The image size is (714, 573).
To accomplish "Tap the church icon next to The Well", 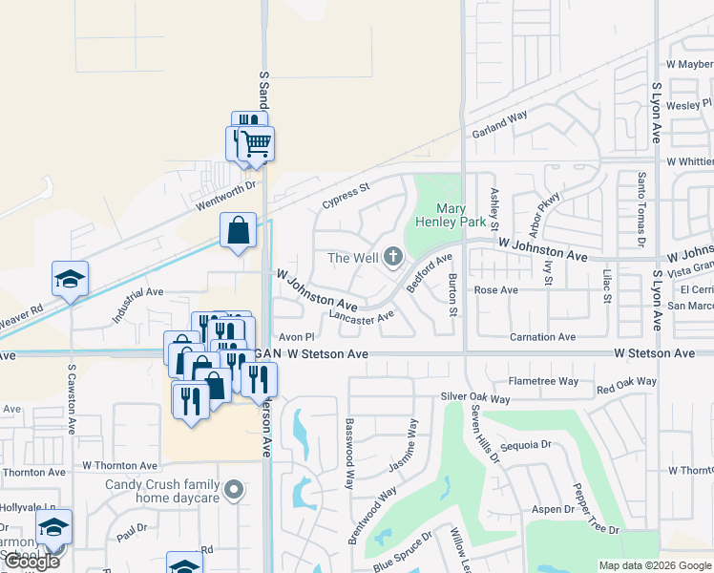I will pyautogui.click(x=392, y=256).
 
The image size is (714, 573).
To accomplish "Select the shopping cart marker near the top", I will pyautogui.click(x=256, y=144).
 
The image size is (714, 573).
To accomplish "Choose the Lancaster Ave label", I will pyautogui.click(x=361, y=317).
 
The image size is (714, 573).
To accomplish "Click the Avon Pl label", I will pyautogui.click(x=296, y=337).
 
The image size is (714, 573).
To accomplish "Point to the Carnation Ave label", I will pyautogui.click(x=542, y=337).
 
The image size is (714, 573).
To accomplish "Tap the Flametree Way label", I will pyautogui.click(x=544, y=381).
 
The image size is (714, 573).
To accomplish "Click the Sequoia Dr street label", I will pyautogui.click(x=526, y=444).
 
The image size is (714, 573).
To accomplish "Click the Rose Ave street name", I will pyautogui.click(x=495, y=290).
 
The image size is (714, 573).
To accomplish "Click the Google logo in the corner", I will pyautogui.click(x=31, y=562).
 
